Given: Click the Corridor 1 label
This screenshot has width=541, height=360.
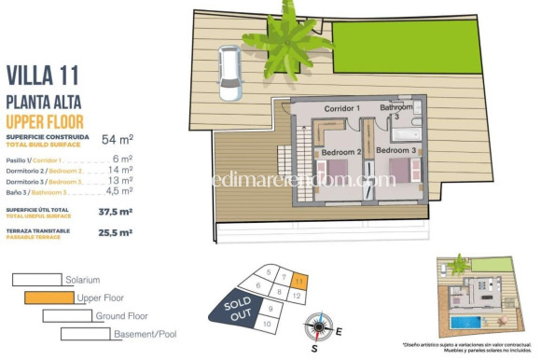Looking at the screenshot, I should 341,109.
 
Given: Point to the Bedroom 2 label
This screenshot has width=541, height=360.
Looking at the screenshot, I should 340,151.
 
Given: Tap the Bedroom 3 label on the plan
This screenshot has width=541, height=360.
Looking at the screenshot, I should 398,150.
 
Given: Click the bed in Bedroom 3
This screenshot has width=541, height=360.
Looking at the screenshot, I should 399,173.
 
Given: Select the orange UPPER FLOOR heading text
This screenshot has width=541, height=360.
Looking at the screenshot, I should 45,121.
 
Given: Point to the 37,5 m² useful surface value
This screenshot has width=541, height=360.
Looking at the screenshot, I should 116,212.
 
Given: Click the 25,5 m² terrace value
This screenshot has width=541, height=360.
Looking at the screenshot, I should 116,233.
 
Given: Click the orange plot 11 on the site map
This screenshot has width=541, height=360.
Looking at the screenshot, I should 298,278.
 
